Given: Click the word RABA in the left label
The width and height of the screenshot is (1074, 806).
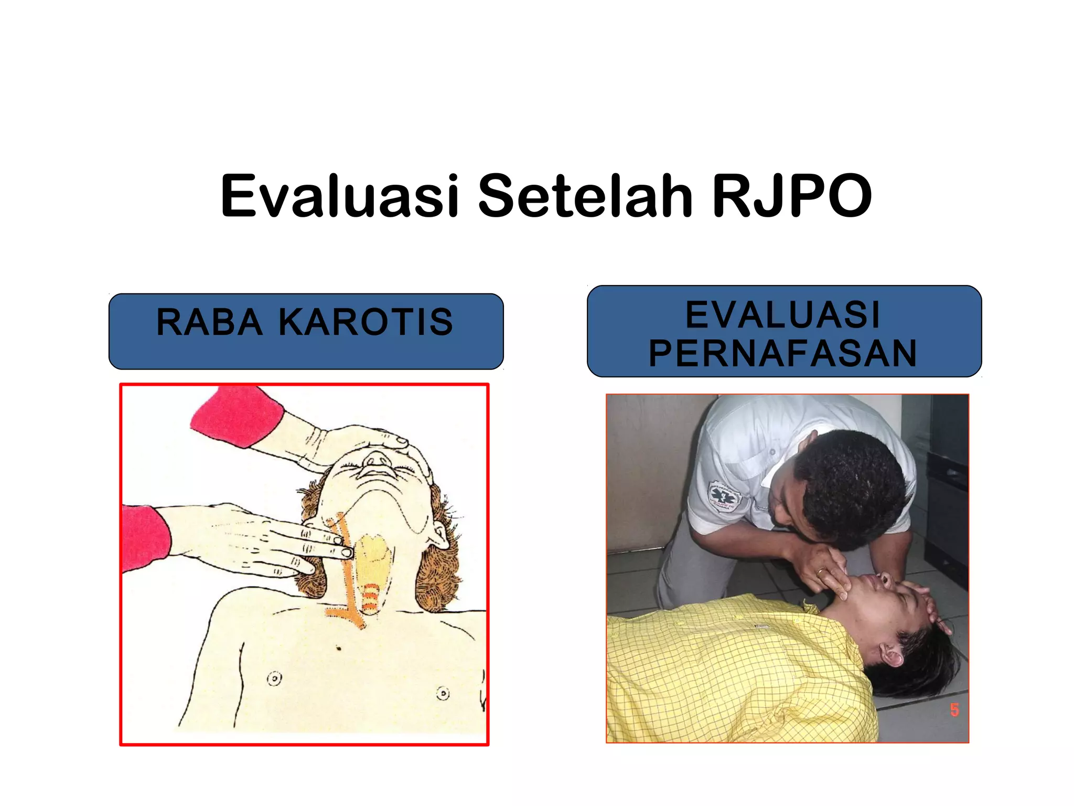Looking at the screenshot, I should tap(209, 322).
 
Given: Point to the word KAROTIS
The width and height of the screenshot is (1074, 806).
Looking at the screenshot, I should tap(366, 322).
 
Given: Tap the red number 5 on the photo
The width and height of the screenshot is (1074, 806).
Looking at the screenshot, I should tap(954, 710).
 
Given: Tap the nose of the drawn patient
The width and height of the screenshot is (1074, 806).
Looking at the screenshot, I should tap(375, 460).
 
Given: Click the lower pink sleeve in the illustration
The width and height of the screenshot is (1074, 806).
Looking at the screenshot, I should tap(144, 538).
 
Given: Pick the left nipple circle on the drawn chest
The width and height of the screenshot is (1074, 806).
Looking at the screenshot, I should tap(274, 678).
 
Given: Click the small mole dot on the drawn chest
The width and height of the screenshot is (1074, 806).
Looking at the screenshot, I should tap(339, 649).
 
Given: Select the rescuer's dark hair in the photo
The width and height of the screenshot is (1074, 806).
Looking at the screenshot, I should tap(855, 483).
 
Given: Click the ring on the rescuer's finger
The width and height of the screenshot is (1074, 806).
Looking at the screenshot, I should tap(819, 572).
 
